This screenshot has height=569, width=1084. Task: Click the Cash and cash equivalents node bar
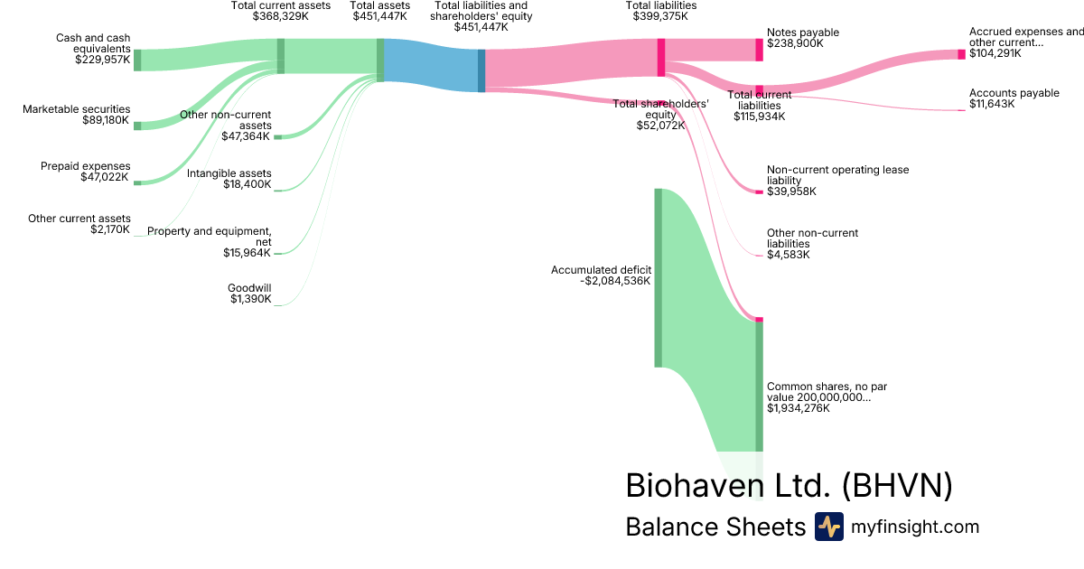(x=137, y=61)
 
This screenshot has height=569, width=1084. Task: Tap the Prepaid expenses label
(x=86, y=166)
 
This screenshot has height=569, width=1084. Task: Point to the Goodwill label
(x=249, y=288)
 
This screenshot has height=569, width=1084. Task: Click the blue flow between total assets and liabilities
(x=431, y=65)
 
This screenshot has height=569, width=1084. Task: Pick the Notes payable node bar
(x=759, y=50)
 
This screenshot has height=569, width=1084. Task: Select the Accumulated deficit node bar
(x=659, y=277)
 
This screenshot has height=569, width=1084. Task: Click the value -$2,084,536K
(x=615, y=281)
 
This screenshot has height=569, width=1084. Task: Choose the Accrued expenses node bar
(x=961, y=54)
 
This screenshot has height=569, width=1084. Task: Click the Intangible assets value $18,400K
(x=247, y=184)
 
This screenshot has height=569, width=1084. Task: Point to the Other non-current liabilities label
(x=812, y=238)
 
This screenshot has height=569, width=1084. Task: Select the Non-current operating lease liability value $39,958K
(x=791, y=191)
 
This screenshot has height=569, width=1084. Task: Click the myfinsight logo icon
(x=828, y=527)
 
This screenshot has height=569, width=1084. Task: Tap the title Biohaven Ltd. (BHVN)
(x=789, y=485)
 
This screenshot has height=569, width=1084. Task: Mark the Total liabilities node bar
(x=661, y=58)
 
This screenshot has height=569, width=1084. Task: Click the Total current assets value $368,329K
(x=281, y=16)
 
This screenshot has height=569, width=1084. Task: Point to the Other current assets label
(x=79, y=219)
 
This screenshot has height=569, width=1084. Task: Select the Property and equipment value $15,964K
(x=247, y=253)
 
